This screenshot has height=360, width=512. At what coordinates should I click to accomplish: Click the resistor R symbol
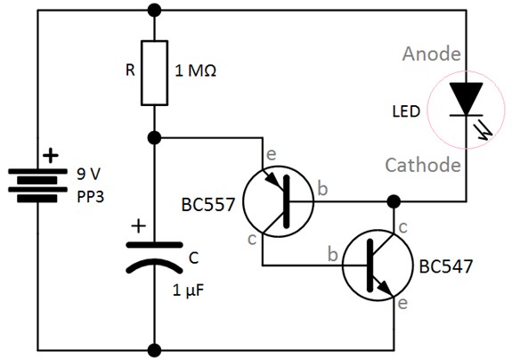click(x=155, y=70)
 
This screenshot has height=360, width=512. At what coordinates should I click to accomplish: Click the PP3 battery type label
click(x=88, y=196)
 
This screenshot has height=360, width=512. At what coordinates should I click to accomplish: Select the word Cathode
click(x=422, y=165)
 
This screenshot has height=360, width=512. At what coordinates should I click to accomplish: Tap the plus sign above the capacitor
click(x=137, y=225)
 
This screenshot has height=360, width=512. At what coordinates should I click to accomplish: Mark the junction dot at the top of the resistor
click(x=155, y=11)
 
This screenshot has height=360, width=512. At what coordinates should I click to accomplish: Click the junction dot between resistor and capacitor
click(x=155, y=138)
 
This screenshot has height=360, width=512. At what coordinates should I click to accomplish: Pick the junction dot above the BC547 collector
click(x=392, y=201)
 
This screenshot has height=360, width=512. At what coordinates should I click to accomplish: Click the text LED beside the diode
click(x=401, y=113)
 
